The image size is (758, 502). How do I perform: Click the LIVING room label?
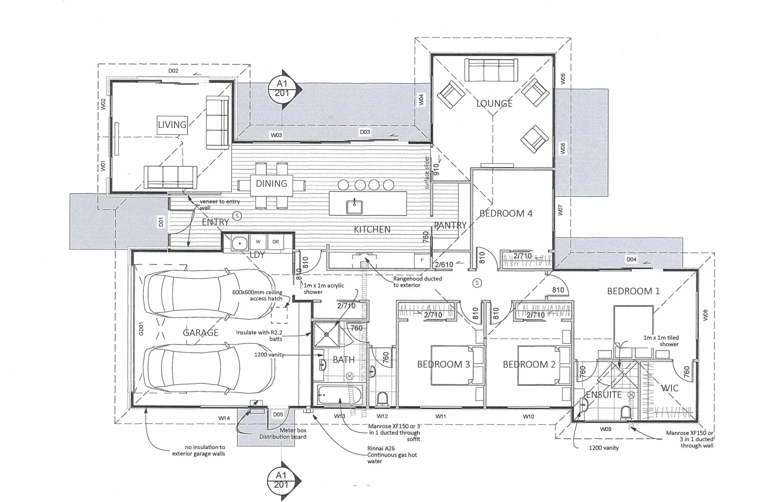pos(172,125)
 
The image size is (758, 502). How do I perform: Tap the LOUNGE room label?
pos(494,103)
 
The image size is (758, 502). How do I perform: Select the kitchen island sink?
pos(354,206)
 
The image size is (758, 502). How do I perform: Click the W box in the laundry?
pos(258,242)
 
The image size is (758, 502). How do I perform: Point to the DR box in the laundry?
pos(275,242)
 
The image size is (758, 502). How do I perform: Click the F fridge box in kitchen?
pos(422,260)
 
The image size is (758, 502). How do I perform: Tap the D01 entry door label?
pos(161,222)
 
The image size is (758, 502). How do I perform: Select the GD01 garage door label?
pos(141,329)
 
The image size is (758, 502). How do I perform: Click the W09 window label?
pos(605,429)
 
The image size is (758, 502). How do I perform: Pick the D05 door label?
pos(278,414)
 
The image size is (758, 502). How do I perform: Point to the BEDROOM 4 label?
pos(506,213)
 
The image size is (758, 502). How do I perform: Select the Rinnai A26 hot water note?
pos(391,455)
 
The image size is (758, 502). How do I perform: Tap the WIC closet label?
pos(669,388)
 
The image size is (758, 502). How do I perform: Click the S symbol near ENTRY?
pos(237,216)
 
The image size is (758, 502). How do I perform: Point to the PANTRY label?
pos(450,226)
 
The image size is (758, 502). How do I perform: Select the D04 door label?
pos(631,259)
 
